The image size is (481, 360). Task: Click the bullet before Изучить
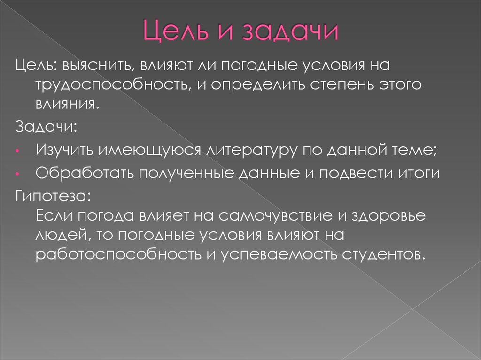point(16,152)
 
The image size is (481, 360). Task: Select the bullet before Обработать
point(16,174)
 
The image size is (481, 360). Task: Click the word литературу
point(250,151)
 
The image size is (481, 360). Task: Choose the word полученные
point(187,173)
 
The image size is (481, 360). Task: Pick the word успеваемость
point(272,254)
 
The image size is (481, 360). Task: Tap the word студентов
point(380,254)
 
